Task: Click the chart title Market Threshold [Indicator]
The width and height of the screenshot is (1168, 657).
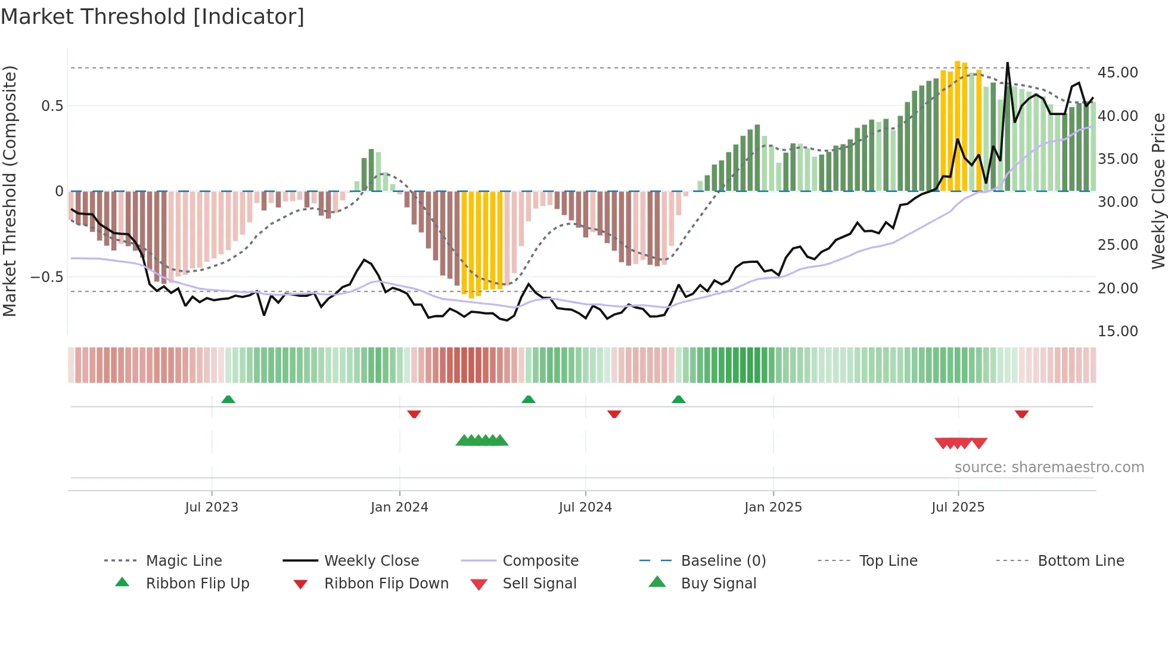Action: tap(153, 17)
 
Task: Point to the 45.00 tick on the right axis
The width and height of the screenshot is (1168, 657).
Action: tap(1117, 73)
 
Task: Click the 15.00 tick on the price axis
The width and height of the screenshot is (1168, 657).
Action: tap(1117, 331)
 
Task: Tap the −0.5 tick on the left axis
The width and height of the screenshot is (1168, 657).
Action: tap(46, 277)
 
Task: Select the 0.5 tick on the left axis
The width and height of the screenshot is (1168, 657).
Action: tap(52, 106)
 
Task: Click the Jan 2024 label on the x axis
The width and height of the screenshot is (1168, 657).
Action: tap(399, 507)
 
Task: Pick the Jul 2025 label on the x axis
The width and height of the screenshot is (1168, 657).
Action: tap(958, 507)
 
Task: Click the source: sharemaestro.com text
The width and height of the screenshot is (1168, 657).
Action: tap(1049, 467)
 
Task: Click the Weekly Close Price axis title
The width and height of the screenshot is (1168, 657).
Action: tap(1158, 191)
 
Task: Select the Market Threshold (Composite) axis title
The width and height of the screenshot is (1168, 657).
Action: tap(10, 191)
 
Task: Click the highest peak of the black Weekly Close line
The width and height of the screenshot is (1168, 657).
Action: tap(1008, 63)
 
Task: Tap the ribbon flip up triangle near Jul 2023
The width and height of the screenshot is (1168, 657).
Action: tap(228, 399)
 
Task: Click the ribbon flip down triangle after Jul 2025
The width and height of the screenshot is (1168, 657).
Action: tap(1021, 414)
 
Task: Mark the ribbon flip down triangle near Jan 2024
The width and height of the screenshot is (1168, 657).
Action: tap(414, 414)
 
